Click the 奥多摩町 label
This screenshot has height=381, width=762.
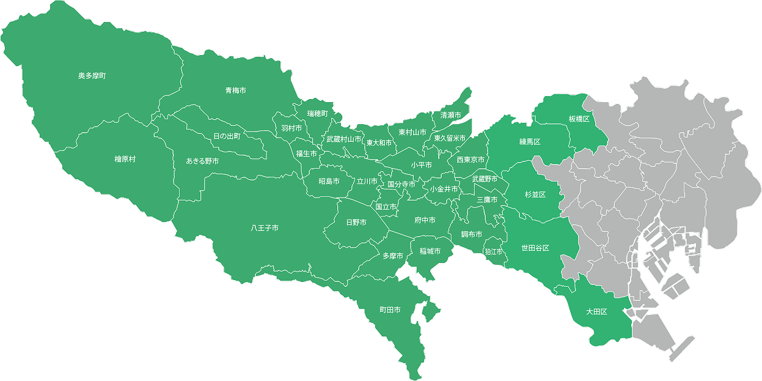[x=92, y=76]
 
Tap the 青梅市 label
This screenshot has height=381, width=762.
[x=235, y=91]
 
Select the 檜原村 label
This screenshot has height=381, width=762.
[x=125, y=159]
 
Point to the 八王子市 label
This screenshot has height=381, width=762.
[x=265, y=228]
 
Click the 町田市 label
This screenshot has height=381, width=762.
[x=390, y=311]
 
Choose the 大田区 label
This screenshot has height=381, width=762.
[x=596, y=312]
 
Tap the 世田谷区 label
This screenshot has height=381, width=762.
[x=535, y=248]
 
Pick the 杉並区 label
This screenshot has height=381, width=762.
[x=535, y=194]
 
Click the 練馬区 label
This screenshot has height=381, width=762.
[x=530, y=142]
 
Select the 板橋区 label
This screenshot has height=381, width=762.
[x=579, y=119]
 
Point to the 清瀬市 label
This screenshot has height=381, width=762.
[x=451, y=115]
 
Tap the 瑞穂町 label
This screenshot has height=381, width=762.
[x=318, y=114]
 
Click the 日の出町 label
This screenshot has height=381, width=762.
[x=227, y=136]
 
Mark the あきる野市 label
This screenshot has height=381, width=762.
[x=202, y=161]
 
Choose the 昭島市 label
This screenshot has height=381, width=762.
[x=329, y=182]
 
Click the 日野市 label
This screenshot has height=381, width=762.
[x=356, y=223]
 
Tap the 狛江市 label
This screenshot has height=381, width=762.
[x=493, y=252]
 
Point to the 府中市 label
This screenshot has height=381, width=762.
[x=425, y=220]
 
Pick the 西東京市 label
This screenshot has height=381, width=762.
[x=471, y=160]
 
